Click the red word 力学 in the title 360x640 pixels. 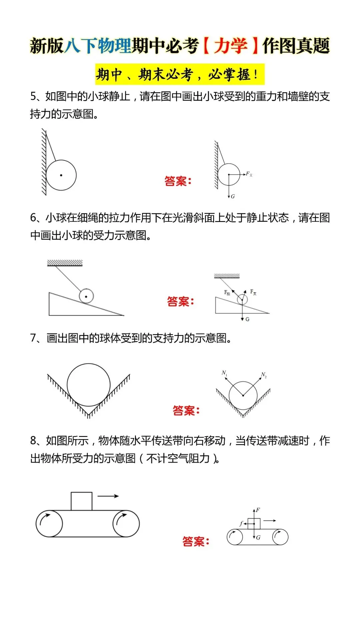(230, 46)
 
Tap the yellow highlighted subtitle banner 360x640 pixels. (180, 74)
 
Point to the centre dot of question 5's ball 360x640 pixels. (61, 175)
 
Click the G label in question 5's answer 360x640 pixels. (233, 196)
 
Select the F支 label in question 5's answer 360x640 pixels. (249, 174)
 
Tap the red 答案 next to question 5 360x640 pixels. (178, 181)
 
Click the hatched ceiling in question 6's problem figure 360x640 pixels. (65, 263)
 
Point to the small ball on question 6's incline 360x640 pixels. (86, 296)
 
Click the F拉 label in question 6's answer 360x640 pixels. (227, 292)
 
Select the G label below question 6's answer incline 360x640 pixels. (247, 319)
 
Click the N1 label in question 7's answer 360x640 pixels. (224, 373)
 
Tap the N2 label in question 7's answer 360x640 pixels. (263, 375)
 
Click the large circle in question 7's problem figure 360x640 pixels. (88, 385)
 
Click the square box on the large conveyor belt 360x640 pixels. (82, 501)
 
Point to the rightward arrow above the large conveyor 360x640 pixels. (108, 496)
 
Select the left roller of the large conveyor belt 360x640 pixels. (49, 523)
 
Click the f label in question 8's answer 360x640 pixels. (241, 523)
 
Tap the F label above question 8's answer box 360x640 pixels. (258, 510)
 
